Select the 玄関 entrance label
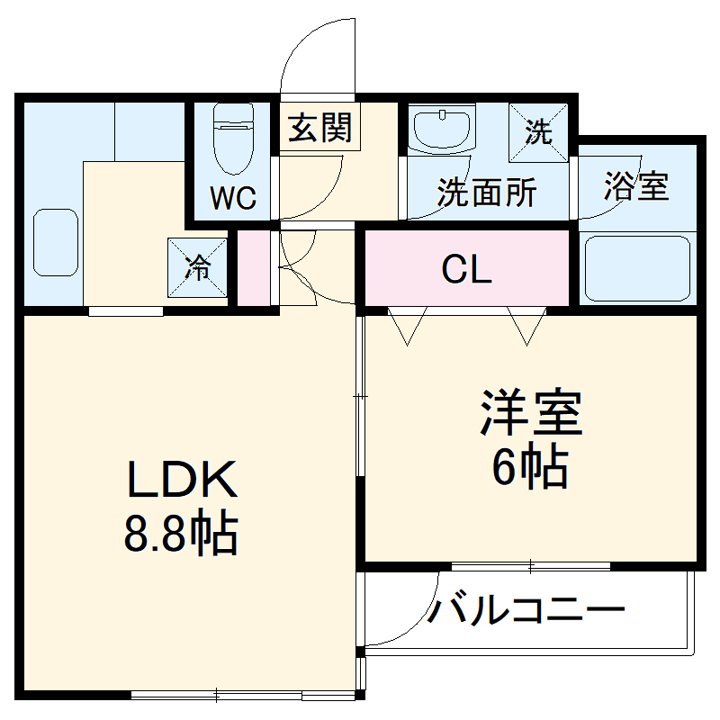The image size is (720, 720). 319,130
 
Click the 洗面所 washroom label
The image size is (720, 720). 487,193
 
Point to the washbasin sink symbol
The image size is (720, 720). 440,128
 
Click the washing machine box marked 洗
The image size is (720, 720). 539,133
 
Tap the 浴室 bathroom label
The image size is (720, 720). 636,187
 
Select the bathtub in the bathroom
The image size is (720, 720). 637,268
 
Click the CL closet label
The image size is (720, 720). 467,269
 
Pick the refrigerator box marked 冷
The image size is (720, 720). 198,266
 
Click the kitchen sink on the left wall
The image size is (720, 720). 57,243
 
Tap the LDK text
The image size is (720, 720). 181,481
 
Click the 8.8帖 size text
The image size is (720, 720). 181,535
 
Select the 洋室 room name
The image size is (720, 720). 532,414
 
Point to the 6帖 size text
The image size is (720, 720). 530,465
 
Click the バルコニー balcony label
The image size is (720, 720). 526,612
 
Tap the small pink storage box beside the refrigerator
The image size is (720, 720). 253,267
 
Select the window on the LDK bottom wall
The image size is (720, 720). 219,695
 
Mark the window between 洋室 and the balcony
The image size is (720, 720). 531,567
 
